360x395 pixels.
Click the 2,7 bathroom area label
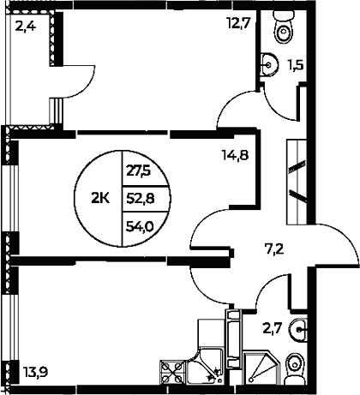272,326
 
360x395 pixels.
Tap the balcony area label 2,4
25,24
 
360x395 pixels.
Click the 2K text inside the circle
99,197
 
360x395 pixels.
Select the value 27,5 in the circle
138,170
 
